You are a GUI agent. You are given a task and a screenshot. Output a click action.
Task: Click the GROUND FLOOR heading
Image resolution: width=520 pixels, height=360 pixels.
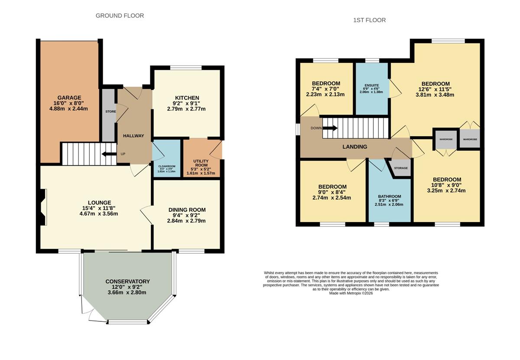click(120, 16)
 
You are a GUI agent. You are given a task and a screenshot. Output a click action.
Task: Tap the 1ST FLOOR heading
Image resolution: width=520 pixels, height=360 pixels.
click(369, 20)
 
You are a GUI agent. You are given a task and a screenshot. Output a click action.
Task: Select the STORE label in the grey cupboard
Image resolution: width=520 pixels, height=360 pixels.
click(111, 111)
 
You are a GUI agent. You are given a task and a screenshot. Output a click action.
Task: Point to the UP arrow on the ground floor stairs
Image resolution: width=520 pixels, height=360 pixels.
click(109, 154)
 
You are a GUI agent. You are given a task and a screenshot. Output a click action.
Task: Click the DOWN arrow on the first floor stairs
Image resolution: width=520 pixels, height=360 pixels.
click(330, 128)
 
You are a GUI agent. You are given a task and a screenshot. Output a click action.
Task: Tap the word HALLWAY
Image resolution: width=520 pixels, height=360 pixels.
click(133, 136)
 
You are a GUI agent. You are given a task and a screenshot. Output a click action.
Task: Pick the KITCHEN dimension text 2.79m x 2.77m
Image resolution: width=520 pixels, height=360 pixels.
click(186, 109)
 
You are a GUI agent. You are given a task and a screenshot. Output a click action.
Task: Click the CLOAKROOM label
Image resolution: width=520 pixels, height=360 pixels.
click(167, 167)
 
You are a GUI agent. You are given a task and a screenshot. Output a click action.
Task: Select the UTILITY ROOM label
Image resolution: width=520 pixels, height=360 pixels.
click(201, 163)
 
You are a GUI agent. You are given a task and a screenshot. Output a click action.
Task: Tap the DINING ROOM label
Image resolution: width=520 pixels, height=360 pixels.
click(187, 210)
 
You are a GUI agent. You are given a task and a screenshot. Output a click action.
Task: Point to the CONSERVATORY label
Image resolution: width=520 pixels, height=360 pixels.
click(128, 281)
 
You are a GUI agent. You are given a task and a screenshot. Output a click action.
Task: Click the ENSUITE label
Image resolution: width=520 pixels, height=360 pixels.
click(372, 85)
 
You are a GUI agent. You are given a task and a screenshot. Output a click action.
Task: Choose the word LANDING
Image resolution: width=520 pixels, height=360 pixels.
click(355, 147)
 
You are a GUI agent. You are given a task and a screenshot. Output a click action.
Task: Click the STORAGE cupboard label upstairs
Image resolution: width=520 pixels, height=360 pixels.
click(401, 168)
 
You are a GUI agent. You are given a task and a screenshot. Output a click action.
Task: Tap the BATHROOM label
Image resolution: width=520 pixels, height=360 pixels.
click(390, 196)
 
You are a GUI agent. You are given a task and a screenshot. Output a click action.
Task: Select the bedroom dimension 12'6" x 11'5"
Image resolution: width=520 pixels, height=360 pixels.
click(435, 89)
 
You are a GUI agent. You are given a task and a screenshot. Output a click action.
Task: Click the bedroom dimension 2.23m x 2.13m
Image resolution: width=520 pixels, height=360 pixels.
click(325, 95)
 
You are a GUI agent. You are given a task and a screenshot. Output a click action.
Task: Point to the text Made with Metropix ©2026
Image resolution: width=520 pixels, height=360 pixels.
click(351, 293)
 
